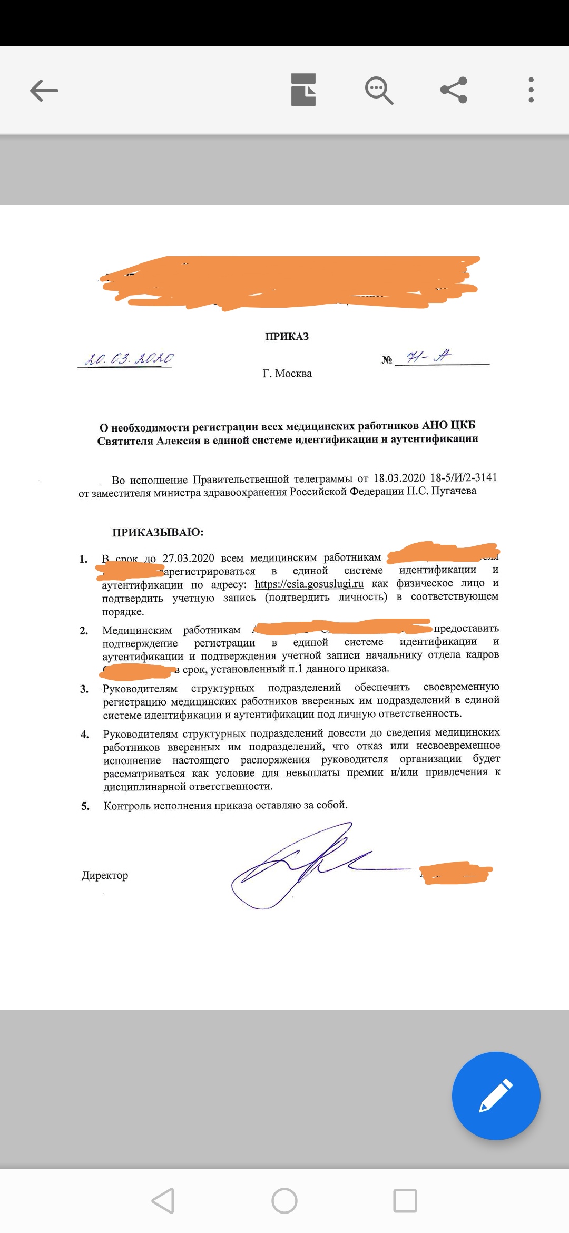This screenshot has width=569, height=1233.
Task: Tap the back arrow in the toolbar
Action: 44,90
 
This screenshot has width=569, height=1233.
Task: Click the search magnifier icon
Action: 379,90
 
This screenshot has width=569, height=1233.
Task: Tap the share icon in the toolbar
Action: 454,90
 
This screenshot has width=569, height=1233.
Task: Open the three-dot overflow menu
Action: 531,90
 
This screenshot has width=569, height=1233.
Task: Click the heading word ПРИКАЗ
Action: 287,336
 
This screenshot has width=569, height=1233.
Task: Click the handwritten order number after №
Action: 429,357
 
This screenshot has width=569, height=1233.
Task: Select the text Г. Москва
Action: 287,374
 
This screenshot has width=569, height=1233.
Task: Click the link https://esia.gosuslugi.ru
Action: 309,584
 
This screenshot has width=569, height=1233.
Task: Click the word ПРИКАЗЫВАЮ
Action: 158,532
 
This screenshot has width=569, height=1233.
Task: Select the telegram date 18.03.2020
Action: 399,478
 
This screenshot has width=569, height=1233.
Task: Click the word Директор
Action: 105,875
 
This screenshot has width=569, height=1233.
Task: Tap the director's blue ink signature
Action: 295,864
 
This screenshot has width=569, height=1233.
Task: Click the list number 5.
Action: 85,806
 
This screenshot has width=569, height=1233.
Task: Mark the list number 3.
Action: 84,689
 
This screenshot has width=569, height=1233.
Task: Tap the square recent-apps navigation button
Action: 405,1201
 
